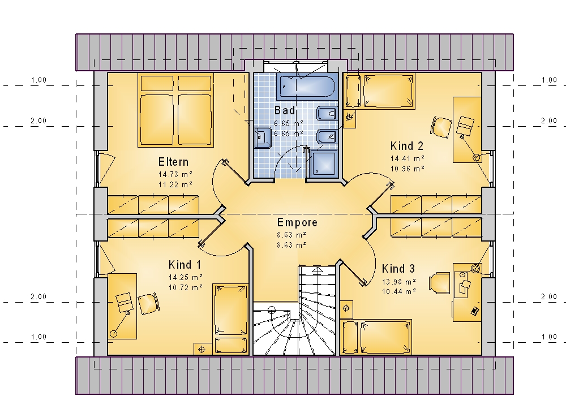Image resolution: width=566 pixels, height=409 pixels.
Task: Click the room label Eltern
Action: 173,162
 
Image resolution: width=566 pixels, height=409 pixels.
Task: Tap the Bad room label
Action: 285,110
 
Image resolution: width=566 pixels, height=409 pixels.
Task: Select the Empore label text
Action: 297,222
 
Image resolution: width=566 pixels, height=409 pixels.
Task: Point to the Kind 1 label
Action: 185,265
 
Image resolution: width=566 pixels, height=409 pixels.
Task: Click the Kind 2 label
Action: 407,146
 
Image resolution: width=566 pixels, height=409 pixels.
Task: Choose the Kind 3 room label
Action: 398,269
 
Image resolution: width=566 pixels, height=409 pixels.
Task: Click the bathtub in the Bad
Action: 307,87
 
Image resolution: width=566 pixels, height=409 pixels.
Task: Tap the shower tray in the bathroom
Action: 323,163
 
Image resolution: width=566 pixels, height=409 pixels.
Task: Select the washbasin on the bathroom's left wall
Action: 263,137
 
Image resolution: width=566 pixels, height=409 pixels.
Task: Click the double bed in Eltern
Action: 175,110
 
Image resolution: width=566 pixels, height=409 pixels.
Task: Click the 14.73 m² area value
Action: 175,175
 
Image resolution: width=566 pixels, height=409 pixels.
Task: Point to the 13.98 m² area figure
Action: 399,282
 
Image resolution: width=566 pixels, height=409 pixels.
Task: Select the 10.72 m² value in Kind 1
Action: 185,288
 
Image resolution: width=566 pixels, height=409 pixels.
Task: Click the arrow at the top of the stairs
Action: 318,269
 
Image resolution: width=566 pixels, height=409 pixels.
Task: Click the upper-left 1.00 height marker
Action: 38,80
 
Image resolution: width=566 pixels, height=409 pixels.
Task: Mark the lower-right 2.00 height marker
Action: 548,297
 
